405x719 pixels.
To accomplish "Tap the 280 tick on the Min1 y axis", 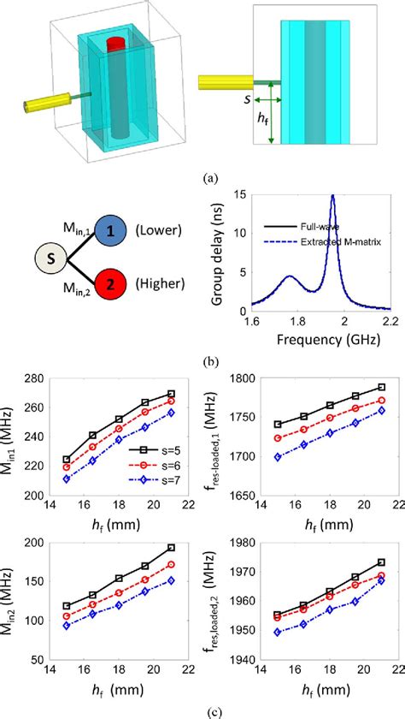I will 63,379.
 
